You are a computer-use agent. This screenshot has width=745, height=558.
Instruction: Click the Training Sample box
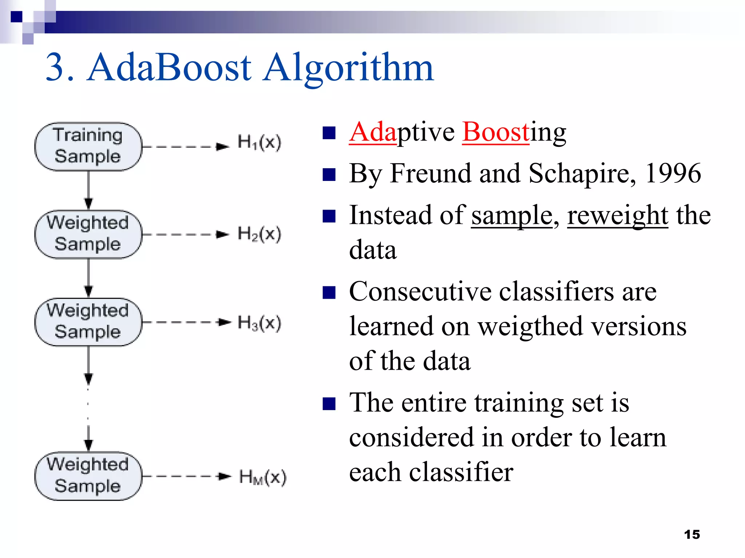click(x=88, y=146)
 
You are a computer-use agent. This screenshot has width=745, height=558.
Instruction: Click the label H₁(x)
click(x=259, y=142)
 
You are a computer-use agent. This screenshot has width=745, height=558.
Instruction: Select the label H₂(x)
click(x=259, y=234)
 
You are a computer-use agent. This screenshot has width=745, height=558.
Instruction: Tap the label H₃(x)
click(x=259, y=323)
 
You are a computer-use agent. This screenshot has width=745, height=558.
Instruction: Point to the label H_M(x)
click(x=263, y=477)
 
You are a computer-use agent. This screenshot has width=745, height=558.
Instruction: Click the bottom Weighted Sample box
click(x=88, y=476)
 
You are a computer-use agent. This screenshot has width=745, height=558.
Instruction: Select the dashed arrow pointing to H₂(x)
click(x=186, y=234)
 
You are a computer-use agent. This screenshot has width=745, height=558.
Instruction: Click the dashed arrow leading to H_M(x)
click(x=186, y=476)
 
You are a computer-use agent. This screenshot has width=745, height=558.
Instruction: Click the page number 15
click(x=692, y=534)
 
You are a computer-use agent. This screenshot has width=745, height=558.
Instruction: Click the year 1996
click(x=673, y=174)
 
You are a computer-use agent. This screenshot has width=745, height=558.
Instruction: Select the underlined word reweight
click(x=617, y=215)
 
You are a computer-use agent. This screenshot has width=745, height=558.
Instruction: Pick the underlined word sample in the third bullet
click(x=511, y=215)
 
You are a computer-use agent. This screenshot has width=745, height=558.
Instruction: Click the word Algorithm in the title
click(x=348, y=68)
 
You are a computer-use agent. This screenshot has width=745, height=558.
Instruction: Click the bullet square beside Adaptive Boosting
click(x=329, y=133)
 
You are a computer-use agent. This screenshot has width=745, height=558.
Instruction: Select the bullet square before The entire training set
click(x=329, y=403)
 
